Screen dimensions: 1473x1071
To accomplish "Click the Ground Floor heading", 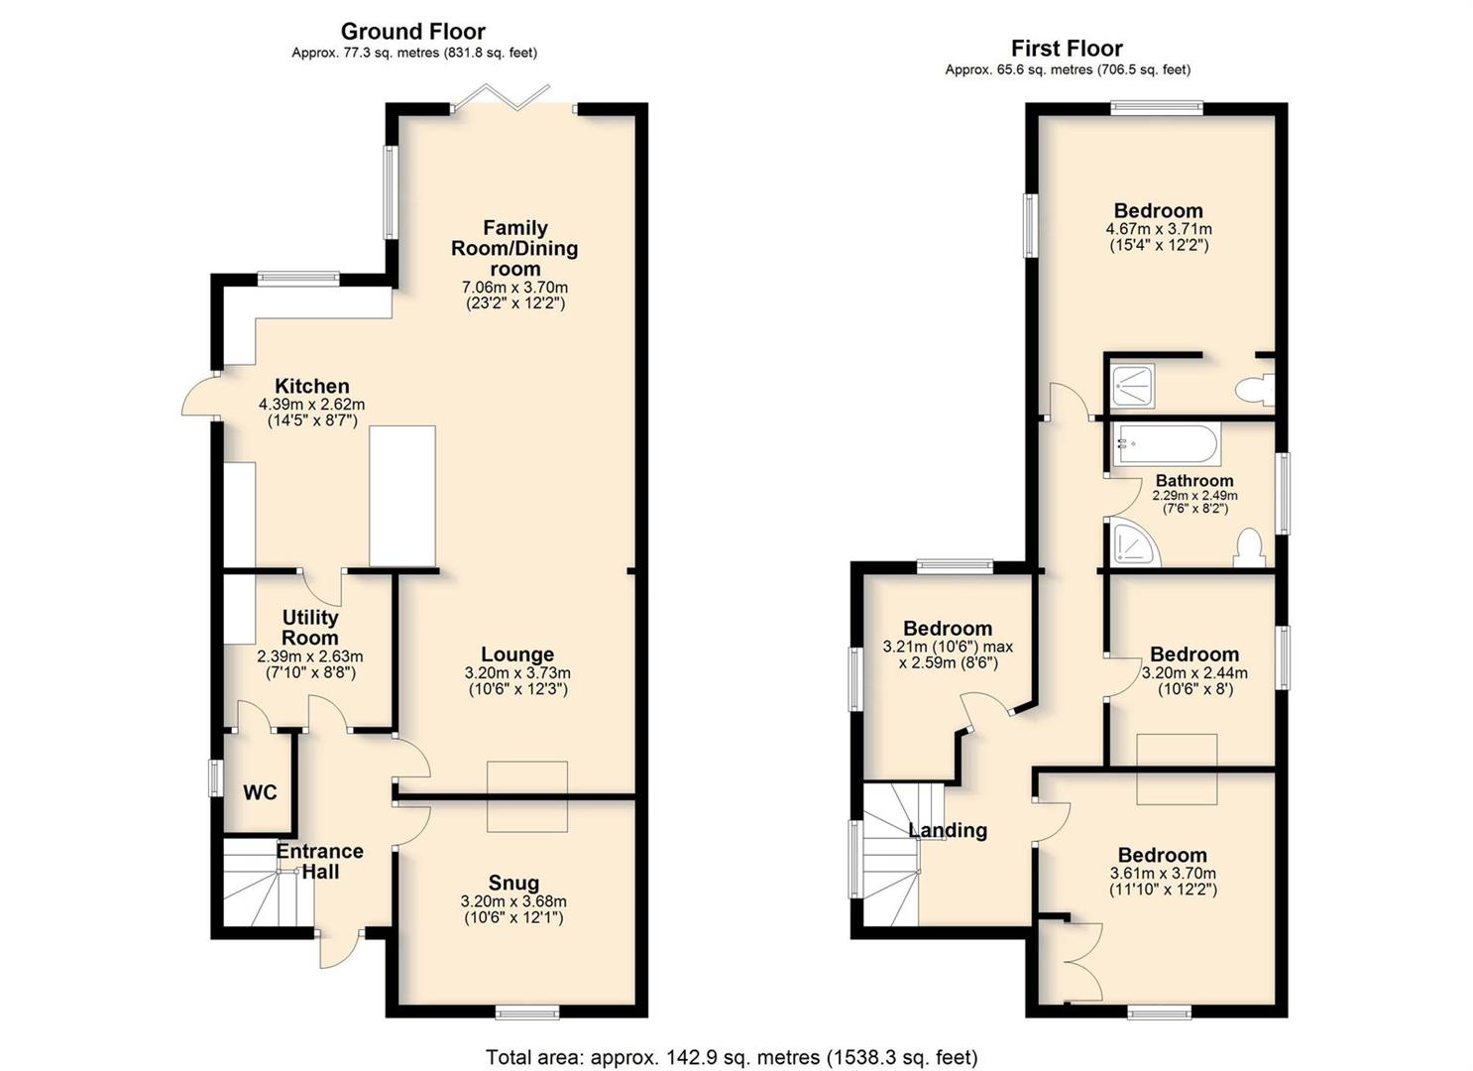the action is [x=413, y=32].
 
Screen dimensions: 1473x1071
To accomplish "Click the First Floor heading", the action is [x=1067, y=49].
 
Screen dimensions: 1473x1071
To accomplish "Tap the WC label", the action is [x=260, y=792].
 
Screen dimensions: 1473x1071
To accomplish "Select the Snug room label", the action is [x=513, y=883].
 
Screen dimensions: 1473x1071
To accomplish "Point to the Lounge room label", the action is [x=517, y=654].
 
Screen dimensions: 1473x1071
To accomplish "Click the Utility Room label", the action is [x=309, y=628].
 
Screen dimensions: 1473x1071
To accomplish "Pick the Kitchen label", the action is [x=311, y=386].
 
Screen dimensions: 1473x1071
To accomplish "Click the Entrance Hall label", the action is [x=319, y=861].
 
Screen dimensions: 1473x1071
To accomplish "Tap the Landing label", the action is [x=948, y=830].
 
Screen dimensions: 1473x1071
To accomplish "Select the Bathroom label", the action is [x=1194, y=480].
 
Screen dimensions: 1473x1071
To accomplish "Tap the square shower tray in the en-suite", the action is [x=1133, y=386].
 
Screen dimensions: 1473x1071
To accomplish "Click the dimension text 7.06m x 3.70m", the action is [x=514, y=288].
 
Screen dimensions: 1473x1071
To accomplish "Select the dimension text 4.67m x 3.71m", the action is [x=1159, y=230].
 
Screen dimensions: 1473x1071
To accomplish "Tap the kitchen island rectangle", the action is [x=402, y=496].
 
